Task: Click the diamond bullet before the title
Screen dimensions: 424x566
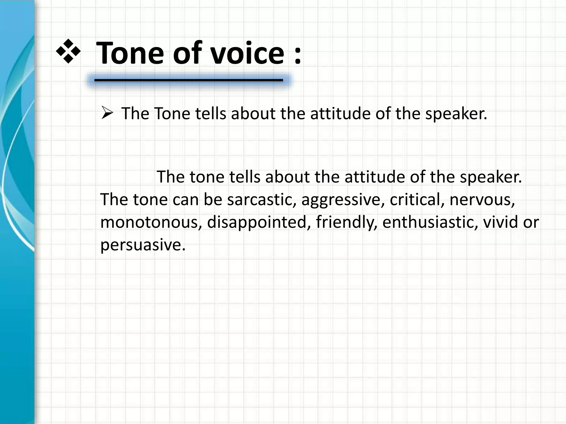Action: point(68,51)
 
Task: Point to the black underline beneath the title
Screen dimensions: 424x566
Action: point(188,80)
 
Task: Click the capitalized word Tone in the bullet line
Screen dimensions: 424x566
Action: point(172,113)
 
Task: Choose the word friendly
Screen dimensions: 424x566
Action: point(347,222)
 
